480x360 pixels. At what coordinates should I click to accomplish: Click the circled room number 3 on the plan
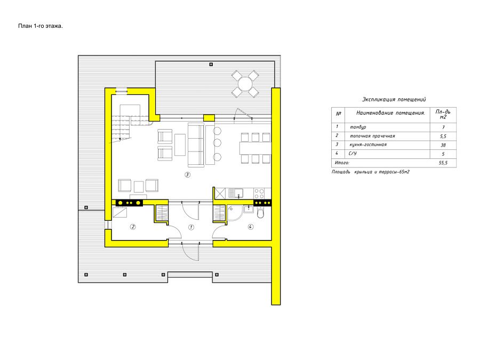click(187, 175)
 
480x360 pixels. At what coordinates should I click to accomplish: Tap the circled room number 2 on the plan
click(133, 227)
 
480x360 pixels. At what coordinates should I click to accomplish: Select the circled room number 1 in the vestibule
click(191, 227)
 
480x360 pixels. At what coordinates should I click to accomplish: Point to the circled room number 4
click(251, 227)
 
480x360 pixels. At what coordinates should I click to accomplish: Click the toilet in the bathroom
click(260, 212)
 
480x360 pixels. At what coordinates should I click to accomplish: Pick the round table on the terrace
click(245, 84)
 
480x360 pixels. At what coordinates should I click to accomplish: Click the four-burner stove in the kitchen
click(259, 194)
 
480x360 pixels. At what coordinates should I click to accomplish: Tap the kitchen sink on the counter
click(236, 194)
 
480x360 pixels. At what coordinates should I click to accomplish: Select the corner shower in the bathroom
click(235, 213)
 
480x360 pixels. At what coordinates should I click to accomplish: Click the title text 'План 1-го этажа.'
click(41, 26)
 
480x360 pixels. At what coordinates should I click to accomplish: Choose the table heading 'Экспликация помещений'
click(394, 99)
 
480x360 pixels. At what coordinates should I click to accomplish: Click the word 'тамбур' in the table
click(358, 127)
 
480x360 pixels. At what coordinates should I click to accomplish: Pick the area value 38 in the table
click(443, 145)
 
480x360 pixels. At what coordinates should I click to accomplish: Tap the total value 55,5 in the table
click(443, 163)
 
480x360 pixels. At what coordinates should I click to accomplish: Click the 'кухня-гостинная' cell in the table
click(368, 145)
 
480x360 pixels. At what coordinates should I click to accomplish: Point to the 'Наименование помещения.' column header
click(390, 113)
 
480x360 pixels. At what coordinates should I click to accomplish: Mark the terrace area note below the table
click(371, 172)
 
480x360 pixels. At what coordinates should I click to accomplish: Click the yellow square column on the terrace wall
click(209, 118)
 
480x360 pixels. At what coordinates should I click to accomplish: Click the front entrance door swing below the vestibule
click(190, 251)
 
